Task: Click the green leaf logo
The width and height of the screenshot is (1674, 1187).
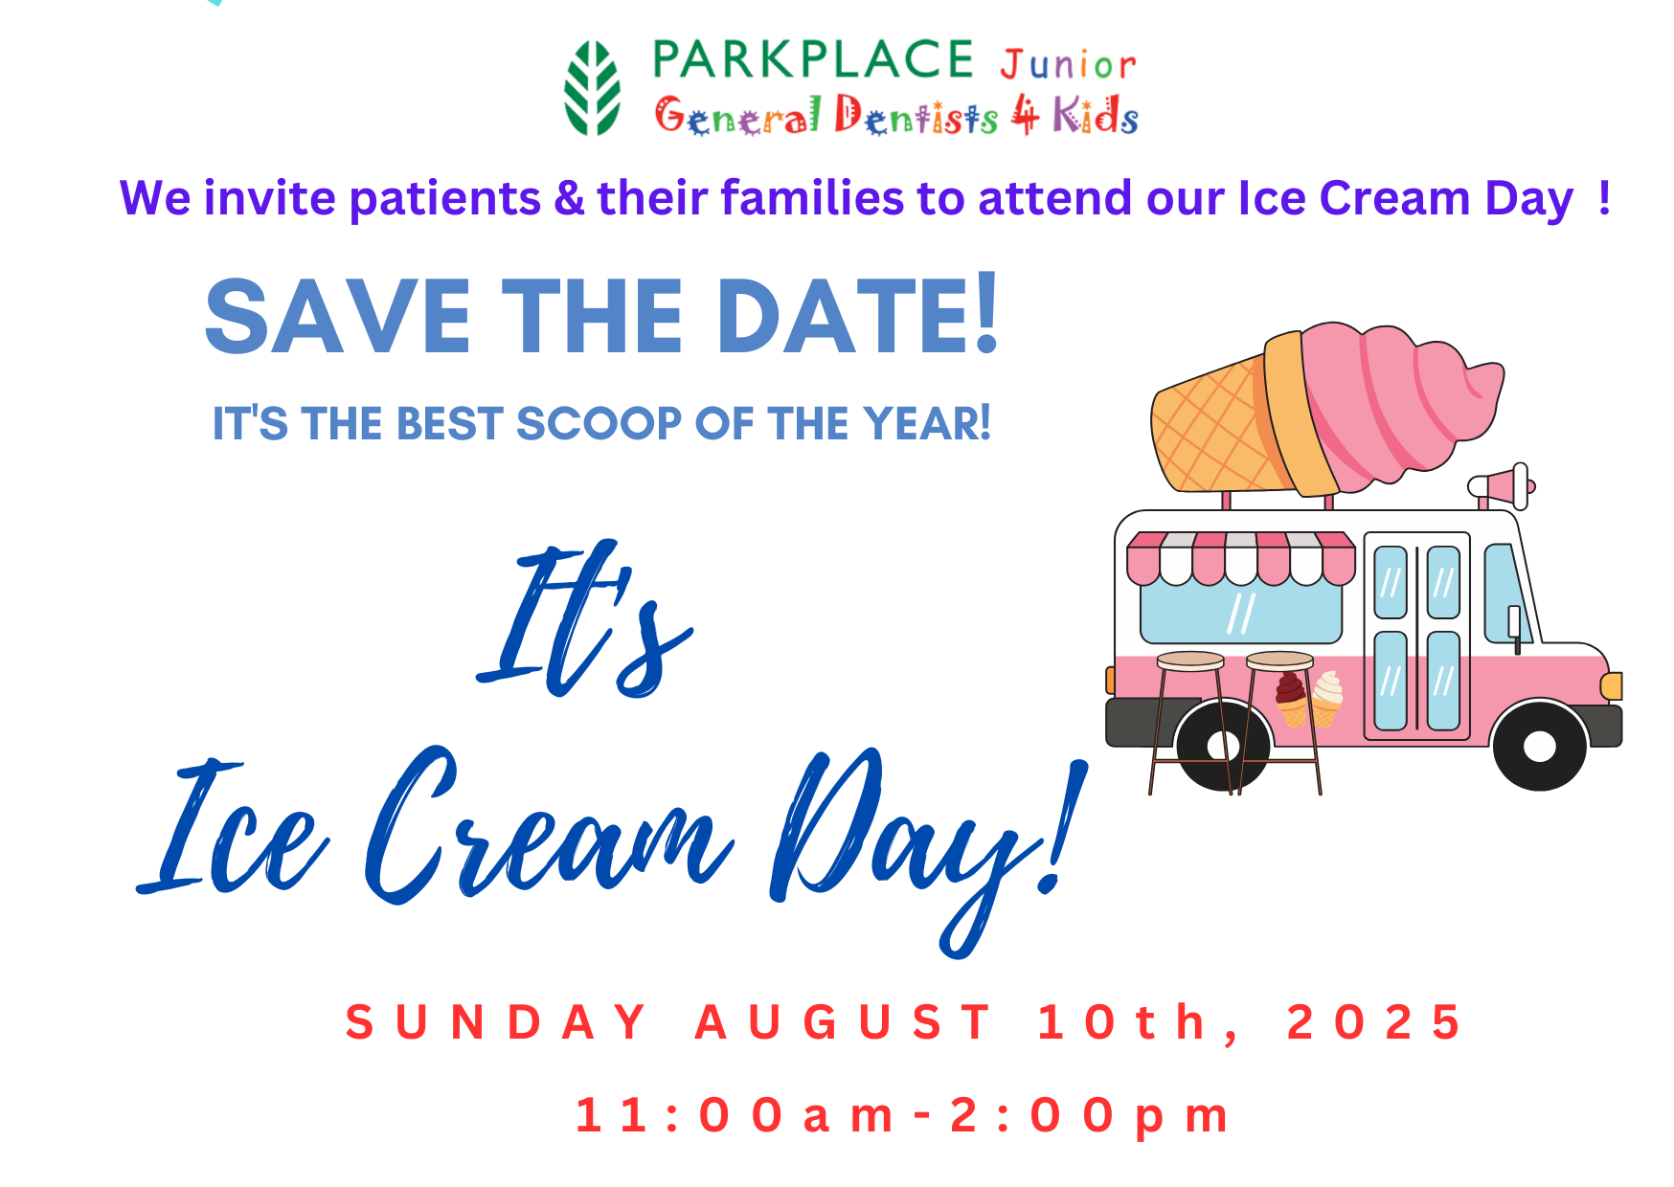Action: [592, 88]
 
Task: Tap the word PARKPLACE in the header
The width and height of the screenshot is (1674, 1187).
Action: [813, 59]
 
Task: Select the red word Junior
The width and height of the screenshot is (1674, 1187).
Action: [1068, 65]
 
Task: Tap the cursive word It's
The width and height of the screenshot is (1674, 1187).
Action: [584, 619]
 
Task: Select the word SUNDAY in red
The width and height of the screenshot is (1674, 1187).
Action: [496, 1021]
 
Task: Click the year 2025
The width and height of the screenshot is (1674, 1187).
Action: [1374, 1021]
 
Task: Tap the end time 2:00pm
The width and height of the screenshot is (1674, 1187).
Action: [1090, 1115]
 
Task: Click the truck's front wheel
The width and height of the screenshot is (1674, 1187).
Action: [1539, 746]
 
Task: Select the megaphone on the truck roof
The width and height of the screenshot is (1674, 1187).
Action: [1502, 486]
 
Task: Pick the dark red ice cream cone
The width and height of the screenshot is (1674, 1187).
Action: [1291, 698]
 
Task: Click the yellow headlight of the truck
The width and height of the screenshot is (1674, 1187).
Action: [1612, 685]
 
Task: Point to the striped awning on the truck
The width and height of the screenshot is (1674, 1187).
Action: [1240, 558]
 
